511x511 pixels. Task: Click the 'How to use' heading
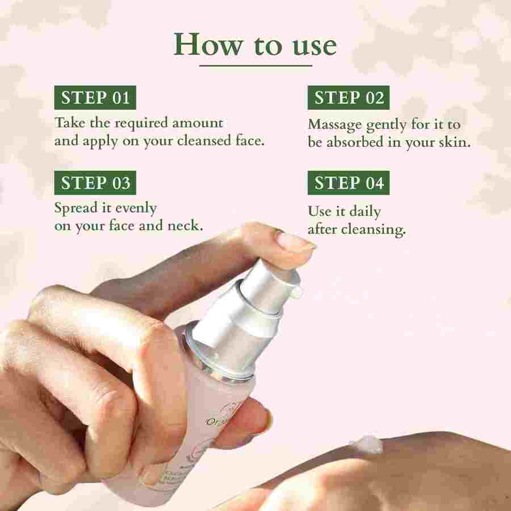coord(255,44)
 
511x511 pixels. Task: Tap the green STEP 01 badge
coord(95,97)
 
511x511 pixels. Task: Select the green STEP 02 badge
coord(349,97)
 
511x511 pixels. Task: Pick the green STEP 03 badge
coord(95,183)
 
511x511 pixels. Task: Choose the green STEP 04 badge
coord(349,183)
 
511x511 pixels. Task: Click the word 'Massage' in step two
coord(335,124)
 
